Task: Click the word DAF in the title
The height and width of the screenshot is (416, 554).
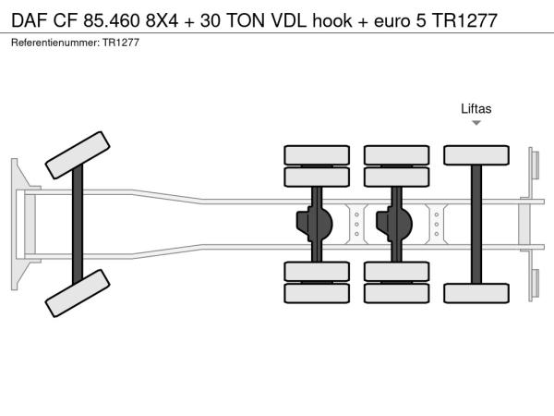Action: tap(29, 19)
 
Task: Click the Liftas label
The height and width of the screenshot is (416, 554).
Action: tap(476, 108)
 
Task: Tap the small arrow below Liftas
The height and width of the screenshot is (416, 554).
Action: tap(476, 123)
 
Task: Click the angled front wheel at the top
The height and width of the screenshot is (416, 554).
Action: tap(78, 153)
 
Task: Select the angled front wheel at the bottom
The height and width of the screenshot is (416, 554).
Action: tap(78, 293)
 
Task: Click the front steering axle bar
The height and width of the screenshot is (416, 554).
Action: tap(78, 224)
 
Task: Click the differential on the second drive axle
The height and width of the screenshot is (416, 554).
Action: tap(397, 223)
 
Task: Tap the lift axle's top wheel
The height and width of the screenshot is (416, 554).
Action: tap(476, 155)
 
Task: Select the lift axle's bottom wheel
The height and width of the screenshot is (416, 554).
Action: tap(476, 292)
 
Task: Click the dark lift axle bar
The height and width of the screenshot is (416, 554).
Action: tap(476, 224)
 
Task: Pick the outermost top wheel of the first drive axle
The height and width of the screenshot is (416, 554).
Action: tap(317, 154)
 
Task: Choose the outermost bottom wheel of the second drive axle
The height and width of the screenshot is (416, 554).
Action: tap(397, 294)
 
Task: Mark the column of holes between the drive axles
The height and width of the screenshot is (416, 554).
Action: tap(356, 223)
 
